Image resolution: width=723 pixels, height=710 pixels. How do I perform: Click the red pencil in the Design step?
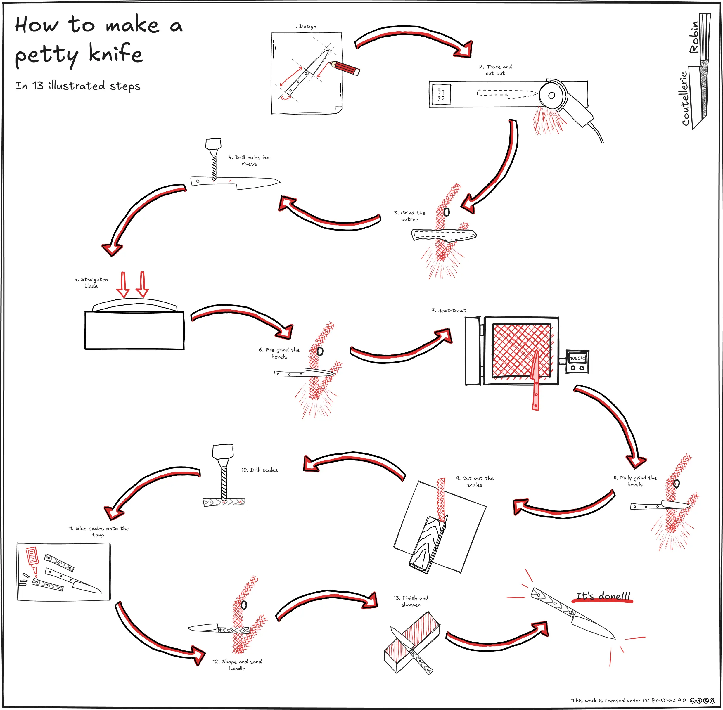tap(345, 68)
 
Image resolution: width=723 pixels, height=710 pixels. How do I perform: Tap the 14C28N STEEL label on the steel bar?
tap(441, 94)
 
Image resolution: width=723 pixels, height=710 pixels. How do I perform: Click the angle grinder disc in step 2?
tap(551, 96)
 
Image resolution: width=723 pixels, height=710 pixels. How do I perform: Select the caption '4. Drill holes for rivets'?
tap(249, 160)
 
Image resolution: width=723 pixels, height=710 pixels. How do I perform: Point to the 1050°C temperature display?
tap(577, 358)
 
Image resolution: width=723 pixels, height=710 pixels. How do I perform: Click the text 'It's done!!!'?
tap(603, 596)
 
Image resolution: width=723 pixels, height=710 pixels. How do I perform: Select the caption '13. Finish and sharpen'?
tap(411, 601)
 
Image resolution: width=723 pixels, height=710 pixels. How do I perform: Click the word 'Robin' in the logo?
tap(694, 37)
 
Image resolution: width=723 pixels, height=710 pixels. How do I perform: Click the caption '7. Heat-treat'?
tap(448, 310)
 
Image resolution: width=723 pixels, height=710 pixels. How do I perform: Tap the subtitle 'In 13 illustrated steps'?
tap(78, 86)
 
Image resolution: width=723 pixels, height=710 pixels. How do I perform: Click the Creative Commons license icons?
tap(703, 700)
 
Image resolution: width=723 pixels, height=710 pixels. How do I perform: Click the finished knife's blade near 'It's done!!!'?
tap(593, 626)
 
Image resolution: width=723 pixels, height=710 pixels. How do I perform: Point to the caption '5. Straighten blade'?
tap(91, 282)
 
